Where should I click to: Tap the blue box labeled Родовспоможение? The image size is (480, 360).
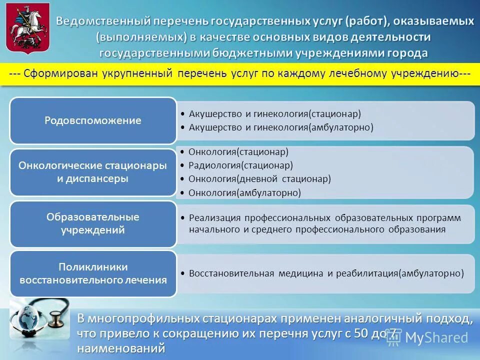(x=93, y=120)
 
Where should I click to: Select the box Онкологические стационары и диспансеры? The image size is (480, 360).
(x=93, y=172)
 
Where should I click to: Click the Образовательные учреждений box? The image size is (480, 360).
(x=93, y=223)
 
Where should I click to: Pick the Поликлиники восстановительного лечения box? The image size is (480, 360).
(x=93, y=273)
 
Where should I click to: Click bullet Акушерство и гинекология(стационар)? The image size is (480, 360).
(x=274, y=114)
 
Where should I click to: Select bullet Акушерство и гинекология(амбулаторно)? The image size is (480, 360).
(x=281, y=127)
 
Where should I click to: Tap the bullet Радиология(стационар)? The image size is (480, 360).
(x=240, y=165)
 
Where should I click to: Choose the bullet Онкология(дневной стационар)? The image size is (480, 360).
(x=259, y=178)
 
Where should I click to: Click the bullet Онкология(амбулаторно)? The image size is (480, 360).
(x=244, y=192)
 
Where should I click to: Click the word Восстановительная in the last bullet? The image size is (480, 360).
(x=231, y=273)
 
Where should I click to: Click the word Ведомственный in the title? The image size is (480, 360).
(x=102, y=21)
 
